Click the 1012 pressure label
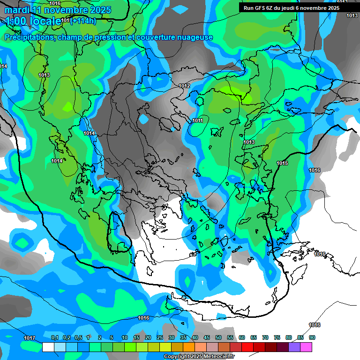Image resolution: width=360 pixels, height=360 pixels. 184,86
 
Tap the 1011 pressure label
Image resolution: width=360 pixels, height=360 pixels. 197,120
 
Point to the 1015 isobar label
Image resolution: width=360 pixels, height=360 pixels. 282,163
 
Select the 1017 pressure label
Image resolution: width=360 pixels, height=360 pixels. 29,338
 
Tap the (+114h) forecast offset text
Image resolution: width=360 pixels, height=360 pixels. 83,21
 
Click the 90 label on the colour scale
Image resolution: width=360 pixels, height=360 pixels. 312,337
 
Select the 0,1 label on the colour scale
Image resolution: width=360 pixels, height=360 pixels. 54,337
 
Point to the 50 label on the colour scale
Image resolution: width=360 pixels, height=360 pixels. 218,337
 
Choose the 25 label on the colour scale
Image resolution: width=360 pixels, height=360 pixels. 159,337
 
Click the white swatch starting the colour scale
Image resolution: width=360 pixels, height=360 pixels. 48,347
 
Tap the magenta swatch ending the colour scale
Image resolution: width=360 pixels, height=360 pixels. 306,347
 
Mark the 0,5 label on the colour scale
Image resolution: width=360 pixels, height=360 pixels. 78,337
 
